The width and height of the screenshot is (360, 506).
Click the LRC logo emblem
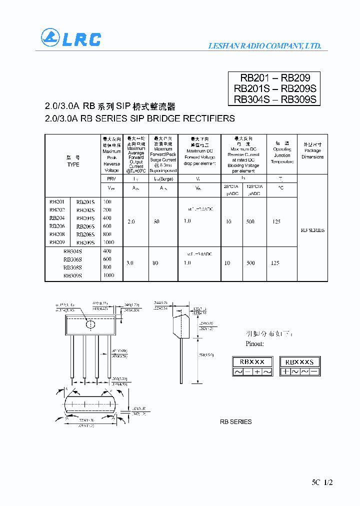pyautogui.click(x=50, y=38)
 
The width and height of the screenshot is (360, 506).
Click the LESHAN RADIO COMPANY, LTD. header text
pyautogui.click(x=264, y=46)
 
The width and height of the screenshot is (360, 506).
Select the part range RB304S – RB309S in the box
pyautogui.click(x=275, y=99)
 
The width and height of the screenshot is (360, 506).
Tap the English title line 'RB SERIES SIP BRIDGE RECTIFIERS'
pyautogui.click(x=140, y=119)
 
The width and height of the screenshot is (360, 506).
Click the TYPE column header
pyautogui.click(x=73, y=164)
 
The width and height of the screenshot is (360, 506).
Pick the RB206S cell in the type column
pyautogui.click(x=85, y=226)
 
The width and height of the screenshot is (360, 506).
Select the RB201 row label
pyautogui.click(x=56, y=201)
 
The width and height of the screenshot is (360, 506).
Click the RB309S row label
pyautogui.click(x=72, y=275)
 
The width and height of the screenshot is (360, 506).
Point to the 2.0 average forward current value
pyautogui.click(x=131, y=221)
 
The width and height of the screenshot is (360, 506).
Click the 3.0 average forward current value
pyautogui.click(x=130, y=262)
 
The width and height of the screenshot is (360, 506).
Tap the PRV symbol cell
pyautogui.click(x=111, y=178)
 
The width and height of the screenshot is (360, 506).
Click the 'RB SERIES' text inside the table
pyautogui.click(x=312, y=230)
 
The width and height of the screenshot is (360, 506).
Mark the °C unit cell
pyautogui.click(x=281, y=188)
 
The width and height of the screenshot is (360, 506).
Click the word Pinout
pyautogui.click(x=254, y=344)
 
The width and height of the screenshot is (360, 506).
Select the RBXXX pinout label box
pyautogui.click(x=252, y=361)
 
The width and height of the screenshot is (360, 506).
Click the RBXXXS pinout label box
pyautogui.click(x=299, y=361)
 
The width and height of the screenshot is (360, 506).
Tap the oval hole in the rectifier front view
pyautogui.click(x=90, y=324)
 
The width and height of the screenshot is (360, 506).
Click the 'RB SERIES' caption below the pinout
pyautogui.click(x=236, y=422)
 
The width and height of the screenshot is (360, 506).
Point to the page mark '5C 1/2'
pyautogui.click(x=321, y=482)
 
